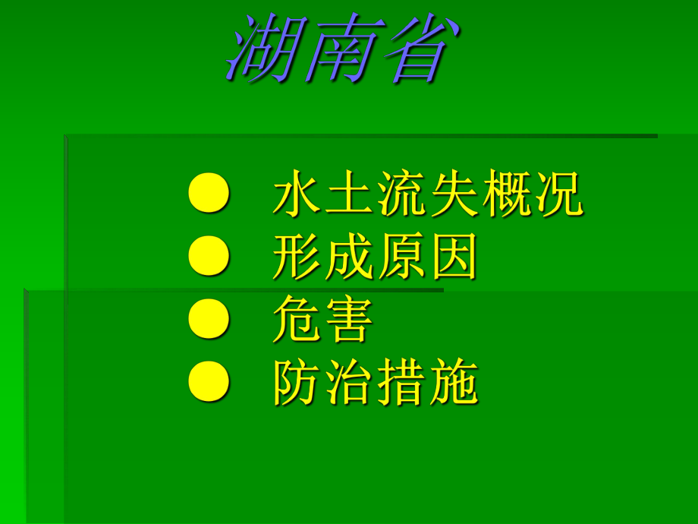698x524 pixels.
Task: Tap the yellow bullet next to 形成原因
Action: coord(208,258)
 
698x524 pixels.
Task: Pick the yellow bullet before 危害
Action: coord(208,321)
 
